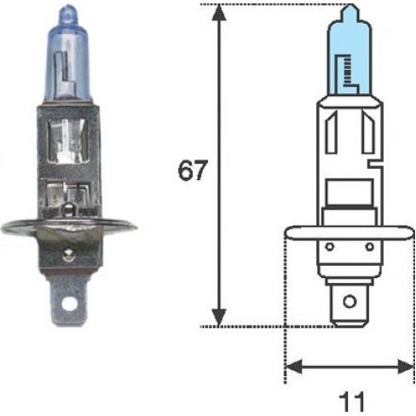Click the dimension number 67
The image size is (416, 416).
tap(191, 170)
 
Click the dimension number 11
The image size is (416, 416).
tap(351, 402)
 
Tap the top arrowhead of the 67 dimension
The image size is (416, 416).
tap(219, 13)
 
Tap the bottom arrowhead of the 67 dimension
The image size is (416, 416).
tap(219, 318)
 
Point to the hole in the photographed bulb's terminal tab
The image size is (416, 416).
tap(69, 304)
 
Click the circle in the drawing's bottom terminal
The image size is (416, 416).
tap(350, 302)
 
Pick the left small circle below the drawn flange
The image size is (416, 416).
tap(329, 246)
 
